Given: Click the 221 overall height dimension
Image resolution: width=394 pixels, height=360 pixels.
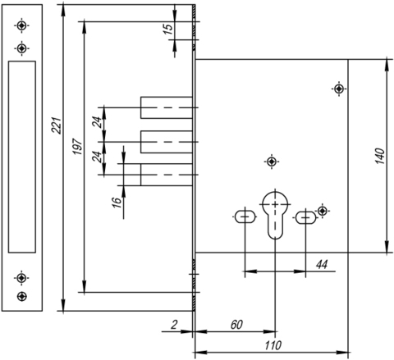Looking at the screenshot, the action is pyautogui.click(x=57, y=125).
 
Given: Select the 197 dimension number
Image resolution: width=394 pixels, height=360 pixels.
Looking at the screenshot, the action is pyautogui.click(x=77, y=147).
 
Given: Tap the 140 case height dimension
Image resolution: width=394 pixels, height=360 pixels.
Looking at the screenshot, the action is pyautogui.click(x=380, y=156).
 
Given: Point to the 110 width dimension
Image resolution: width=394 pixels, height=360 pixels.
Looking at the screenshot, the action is pyautogui.click(x=273, y=345).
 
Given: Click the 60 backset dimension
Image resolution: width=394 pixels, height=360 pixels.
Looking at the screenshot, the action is pyautogui.click(x=236, y=325).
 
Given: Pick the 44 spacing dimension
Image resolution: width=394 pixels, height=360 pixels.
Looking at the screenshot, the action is pyautogui.click(x=322, y=265).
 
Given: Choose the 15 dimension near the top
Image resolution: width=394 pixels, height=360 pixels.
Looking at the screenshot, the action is pyautogui.click(x=169, y=29).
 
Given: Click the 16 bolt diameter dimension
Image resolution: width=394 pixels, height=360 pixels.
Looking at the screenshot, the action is pyautogui.click(x=117, y=203).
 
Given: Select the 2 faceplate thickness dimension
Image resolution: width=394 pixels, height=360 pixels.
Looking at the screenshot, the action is pyautogui.click(x=174, y=325).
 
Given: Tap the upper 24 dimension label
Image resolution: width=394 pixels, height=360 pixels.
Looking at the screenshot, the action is pyautogui.click(x=97, y=122).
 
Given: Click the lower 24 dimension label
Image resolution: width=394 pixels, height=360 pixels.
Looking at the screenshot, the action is pyautogui.click(x=97, y=157).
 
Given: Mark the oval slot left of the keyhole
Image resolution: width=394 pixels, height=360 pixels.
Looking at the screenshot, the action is pyautogui.click(x=245, y=216).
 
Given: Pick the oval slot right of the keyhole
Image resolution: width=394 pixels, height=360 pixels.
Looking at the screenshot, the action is pyautogui.click(x=305, y=217).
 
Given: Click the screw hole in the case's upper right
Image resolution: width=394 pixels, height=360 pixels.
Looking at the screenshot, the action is pyautogui.click(x=339, y=89).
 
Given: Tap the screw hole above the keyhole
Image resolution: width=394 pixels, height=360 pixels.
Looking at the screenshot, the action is pyautogui.click(x=272, y=162).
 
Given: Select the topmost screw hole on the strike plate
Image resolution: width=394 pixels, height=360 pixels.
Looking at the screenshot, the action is pyautogui.click(x=21, y=25).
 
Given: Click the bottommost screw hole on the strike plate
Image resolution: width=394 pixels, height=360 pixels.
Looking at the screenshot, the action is pyautogui.click(x=21, y=296).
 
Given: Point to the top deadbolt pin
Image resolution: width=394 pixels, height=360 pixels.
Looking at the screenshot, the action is pyautogui.click(x=167, y=107).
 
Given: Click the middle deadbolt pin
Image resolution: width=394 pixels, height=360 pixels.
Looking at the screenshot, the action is pyautogui.click(x=167, y=142).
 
